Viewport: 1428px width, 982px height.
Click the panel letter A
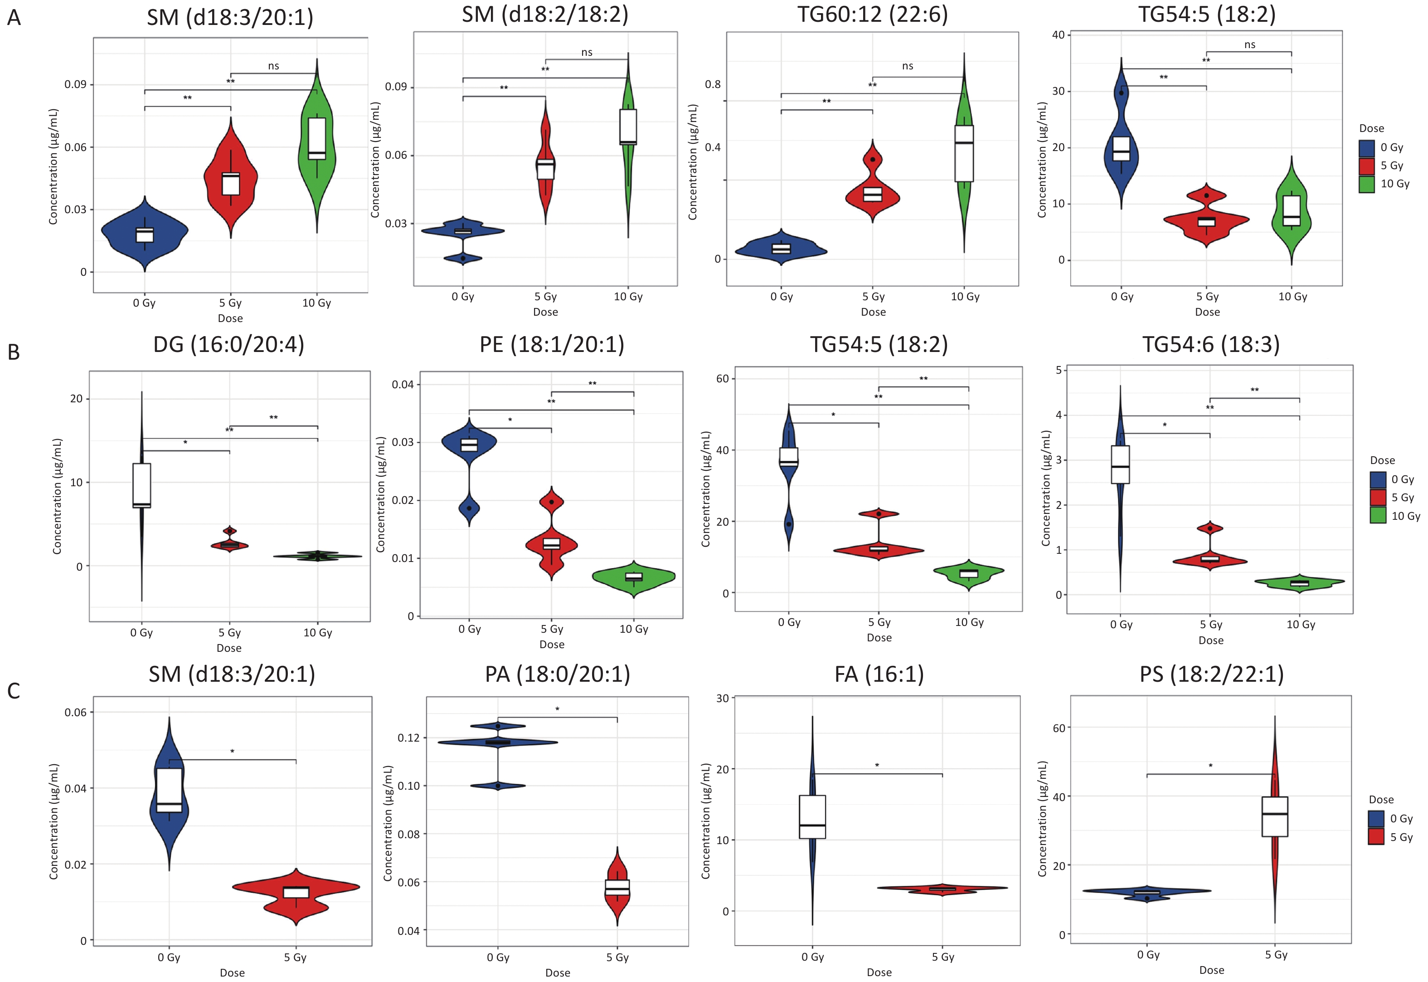pos(14,18)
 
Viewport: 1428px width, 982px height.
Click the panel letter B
pos(14,352)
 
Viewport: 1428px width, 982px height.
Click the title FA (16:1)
pos(879,674)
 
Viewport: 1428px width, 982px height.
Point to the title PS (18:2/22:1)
pos(1211,674)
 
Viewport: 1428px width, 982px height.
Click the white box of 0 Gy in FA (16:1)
pos(812,816)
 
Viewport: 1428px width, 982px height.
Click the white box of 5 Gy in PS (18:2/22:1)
pos(1275,816)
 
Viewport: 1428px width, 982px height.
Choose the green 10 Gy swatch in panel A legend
pos(1366,184)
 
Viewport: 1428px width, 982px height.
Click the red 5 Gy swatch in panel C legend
pos(1376,837)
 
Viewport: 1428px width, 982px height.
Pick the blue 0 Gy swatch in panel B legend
pos(1378,479)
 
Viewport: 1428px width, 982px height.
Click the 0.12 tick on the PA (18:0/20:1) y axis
pos(408,738)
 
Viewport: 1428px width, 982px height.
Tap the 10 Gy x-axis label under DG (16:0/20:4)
pos(317,632)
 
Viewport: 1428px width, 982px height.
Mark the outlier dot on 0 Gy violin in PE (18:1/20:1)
pos(469,508)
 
